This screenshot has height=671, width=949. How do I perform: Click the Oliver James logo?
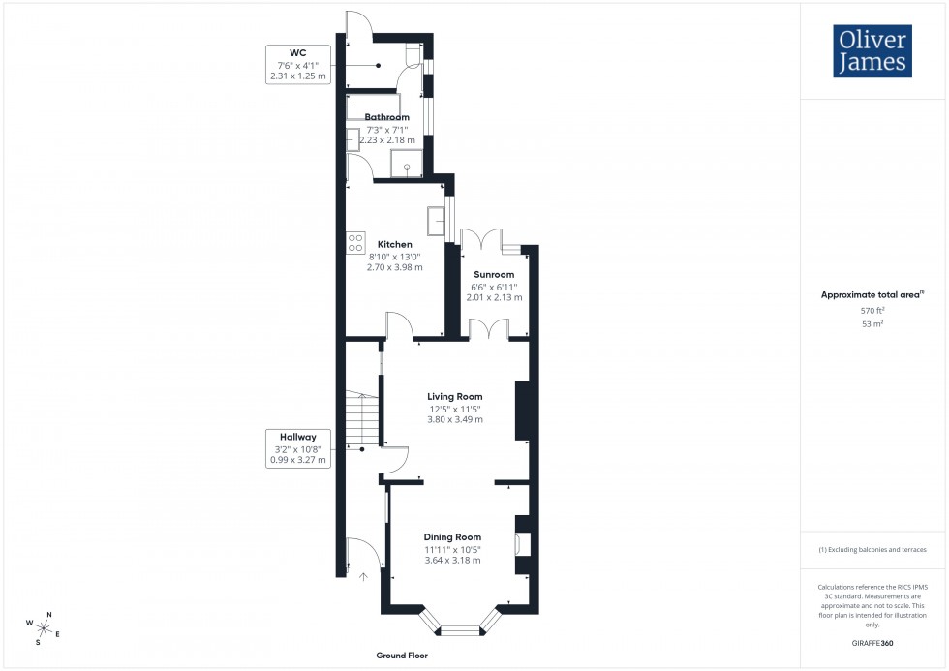(872, 51)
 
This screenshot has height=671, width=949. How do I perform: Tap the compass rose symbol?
(45, 627)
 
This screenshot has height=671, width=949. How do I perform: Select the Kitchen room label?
(395, 244)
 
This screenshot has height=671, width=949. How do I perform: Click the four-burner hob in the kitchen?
(355, 244)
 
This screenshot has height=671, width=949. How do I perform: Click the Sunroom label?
(494, 275)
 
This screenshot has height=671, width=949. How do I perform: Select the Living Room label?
(455, 396)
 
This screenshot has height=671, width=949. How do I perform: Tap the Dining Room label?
(452, 536)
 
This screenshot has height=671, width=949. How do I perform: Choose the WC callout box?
(297, 64)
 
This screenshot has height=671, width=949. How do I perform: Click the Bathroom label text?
(386, 117)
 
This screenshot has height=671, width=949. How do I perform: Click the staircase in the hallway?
(359, 422)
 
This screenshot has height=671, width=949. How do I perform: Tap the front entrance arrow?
(364, 577)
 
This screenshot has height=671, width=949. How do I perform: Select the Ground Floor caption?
(403, 656)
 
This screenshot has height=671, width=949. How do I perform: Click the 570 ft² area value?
(872, 310)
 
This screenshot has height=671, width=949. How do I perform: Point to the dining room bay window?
(460, 629)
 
